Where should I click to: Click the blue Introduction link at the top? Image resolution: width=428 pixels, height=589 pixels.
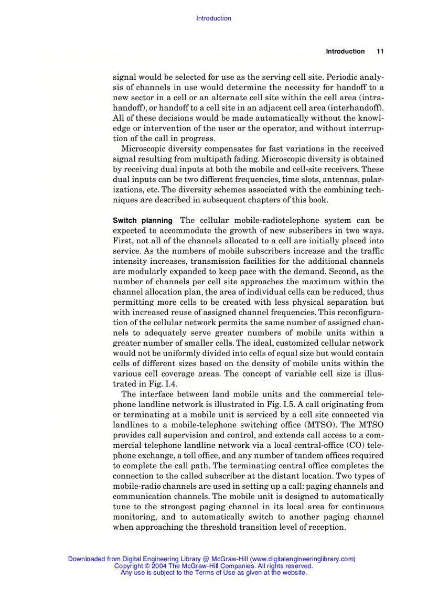tap(213, 18)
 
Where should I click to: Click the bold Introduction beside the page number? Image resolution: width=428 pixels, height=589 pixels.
tap(345, 51)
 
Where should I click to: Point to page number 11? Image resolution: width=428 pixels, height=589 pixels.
tap(380, 51)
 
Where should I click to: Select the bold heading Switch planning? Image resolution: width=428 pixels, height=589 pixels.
tap(143, 221)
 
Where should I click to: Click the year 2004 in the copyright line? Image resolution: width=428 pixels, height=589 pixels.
tap(158, 566)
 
